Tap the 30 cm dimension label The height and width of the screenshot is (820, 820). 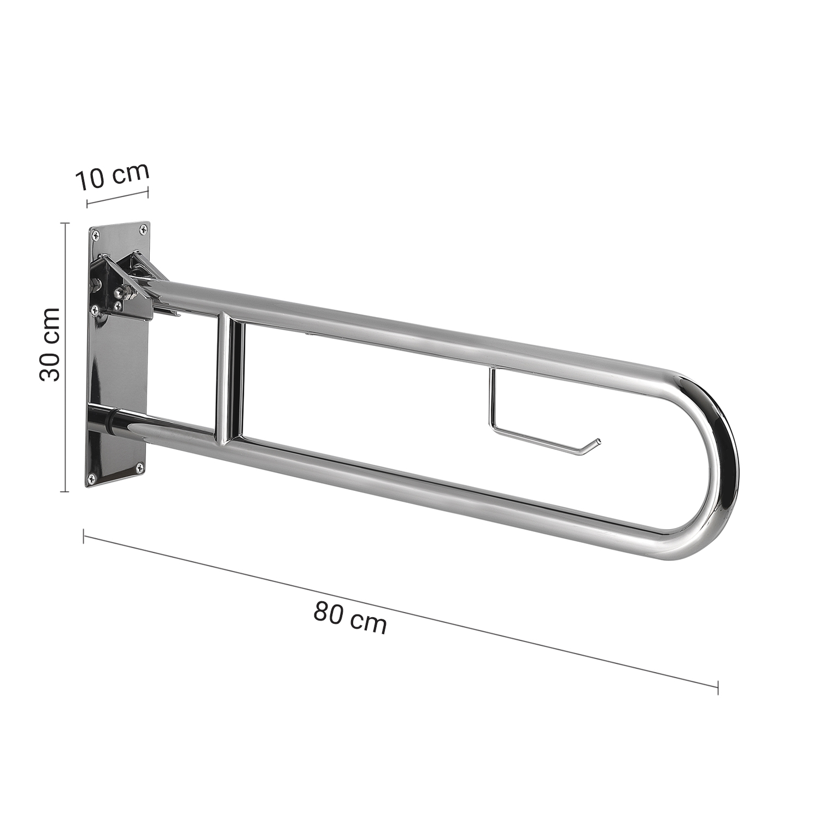[x=50, y=344]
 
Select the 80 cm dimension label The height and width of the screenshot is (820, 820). [x=350, y=617]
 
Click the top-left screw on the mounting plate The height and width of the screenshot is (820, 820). [x=96, y=236]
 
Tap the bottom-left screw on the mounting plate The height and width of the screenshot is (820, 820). [x=91, y=479]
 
